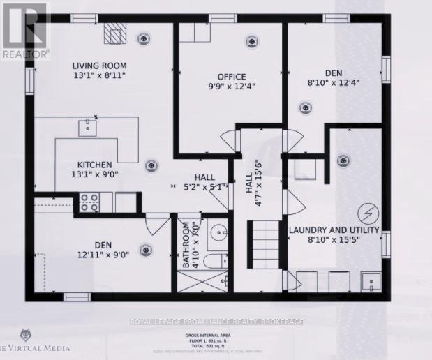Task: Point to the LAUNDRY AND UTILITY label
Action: tap(334, 230)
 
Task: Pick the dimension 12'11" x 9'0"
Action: tap(103, 255)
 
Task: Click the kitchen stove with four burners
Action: tap(89, 202)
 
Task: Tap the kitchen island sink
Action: tap(89, 126)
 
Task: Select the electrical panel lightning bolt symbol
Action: tap(366, 211)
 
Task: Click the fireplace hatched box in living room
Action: tap(113, 33)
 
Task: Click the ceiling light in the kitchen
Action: tap(151, 165)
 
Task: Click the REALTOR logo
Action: tap(25, 30)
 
